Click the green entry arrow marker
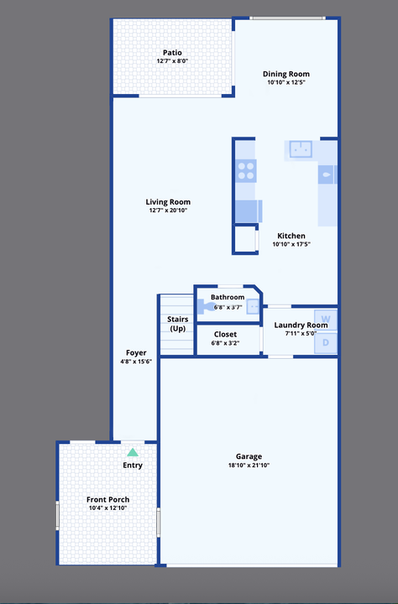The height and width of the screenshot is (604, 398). click(132, 452)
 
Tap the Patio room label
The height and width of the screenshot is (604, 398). click(172, 52)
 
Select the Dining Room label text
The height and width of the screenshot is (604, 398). click(286, 73)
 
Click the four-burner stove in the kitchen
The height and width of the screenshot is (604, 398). click(246, 170)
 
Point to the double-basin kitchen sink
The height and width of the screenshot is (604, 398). click(301, 149)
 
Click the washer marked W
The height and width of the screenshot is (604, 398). click(327, 320)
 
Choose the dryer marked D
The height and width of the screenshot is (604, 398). click(327, 342)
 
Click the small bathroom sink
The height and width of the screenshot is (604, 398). click(253, 307)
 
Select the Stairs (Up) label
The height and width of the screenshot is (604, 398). click(177, 324)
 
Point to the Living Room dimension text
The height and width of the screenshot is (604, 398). click(168, 211)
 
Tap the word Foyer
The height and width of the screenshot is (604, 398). click(136, 352)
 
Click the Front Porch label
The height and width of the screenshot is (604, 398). click(107, 499)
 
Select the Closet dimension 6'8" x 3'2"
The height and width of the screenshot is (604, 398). click(225, 342)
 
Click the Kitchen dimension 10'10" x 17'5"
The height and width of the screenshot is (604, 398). click(291, 244)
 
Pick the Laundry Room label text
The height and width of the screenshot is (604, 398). click(301, 325)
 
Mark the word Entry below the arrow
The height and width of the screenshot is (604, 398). click(133, 465)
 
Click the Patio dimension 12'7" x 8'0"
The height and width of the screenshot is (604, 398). click(172, 61)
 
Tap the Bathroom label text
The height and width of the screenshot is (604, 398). click(228, 297)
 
